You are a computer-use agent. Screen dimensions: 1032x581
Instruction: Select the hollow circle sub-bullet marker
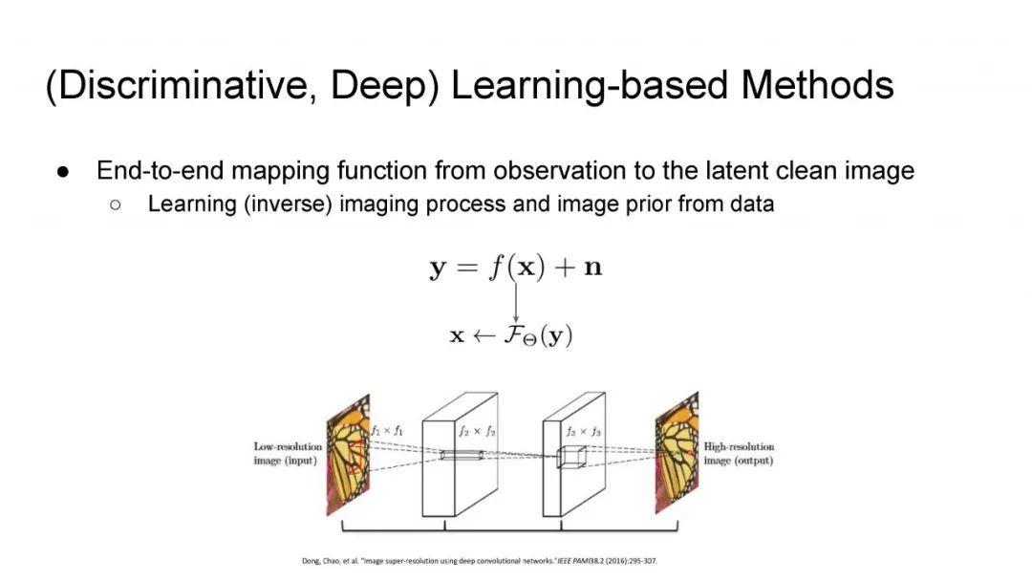click(x=116, y=204)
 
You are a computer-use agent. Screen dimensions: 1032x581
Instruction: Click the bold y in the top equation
click(x=438, y=268)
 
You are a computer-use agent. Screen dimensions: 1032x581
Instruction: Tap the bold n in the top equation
click(x=593, y=268)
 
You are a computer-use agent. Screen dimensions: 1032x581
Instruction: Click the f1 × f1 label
click(x=387, y=431)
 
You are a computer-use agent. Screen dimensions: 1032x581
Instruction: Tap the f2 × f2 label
click(x=478, y=431)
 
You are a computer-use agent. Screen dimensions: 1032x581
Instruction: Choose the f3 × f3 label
click(x=583, y=431)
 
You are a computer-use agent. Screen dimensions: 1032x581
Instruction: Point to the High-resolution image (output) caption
click(x=739, y=453)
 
